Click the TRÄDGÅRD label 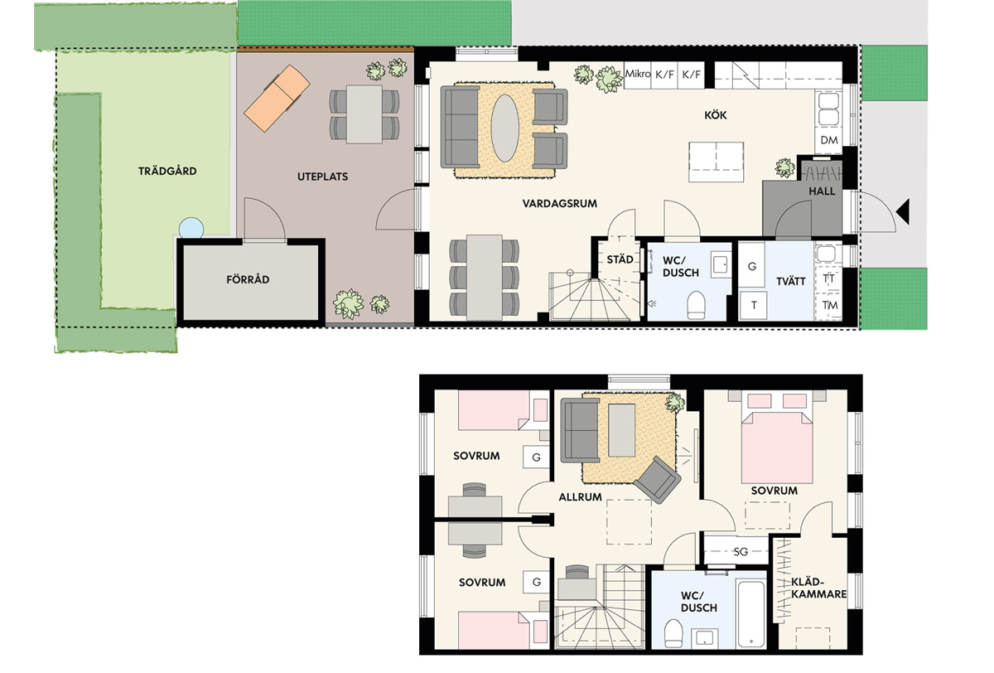pos(167,171)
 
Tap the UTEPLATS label pos(322,177)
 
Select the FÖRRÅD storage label pos(248,279)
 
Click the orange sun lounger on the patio pos(277,99)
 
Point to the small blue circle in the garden pos(191,229)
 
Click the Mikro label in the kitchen pos(638,74)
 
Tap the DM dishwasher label pos(829,140)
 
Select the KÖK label pos(716,115)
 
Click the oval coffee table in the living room pos(505,128)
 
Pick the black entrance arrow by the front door pos(903,211)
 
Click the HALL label pos(822,191)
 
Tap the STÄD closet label pos(620,259)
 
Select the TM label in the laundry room pos(830,306)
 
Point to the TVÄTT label pos(791,282)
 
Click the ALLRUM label pos(580,497)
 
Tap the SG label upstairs pos(741,552)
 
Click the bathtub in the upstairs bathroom pos(750,612)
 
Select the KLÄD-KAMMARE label pos(818,588)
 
